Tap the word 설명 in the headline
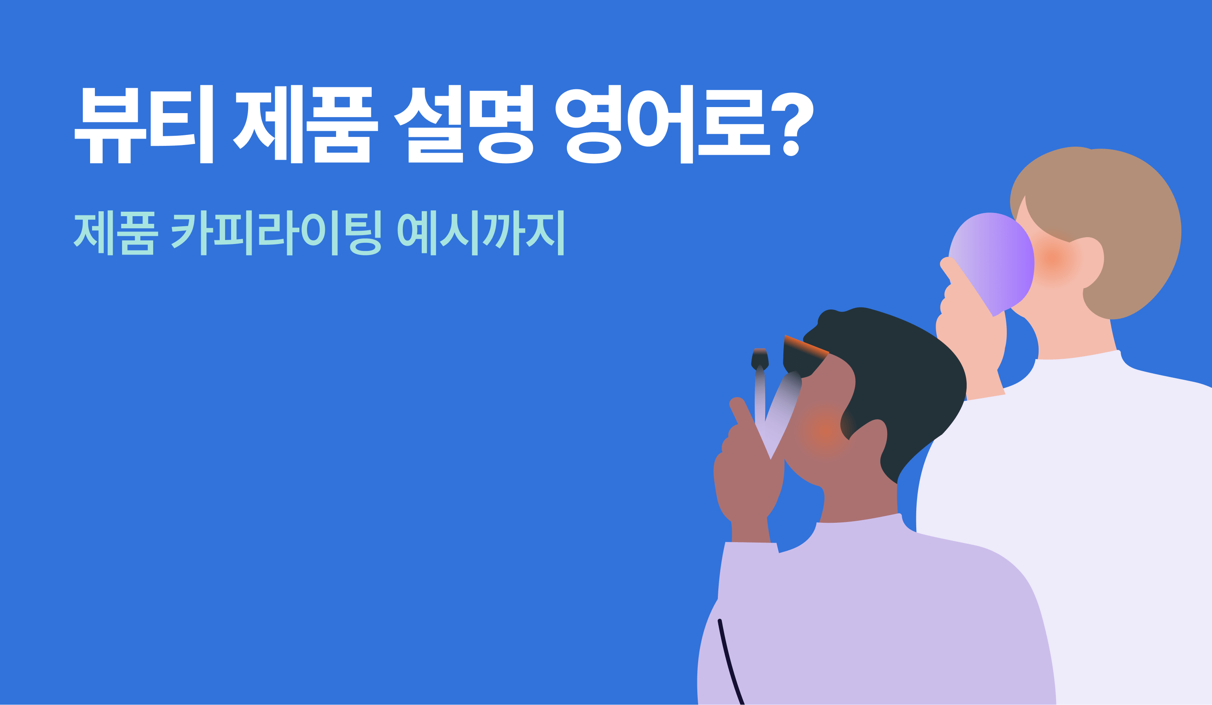463,124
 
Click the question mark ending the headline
792,124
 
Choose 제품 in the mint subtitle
116,233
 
